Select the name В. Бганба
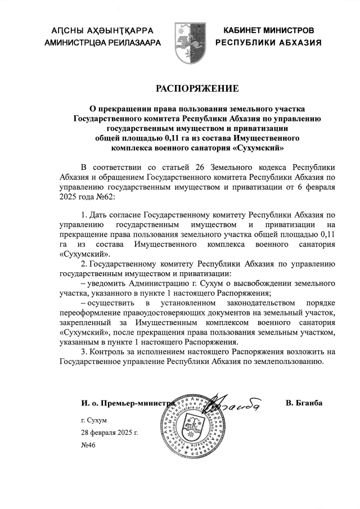click(x=304, y=402)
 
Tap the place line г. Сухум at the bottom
click(x=93, y=420)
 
